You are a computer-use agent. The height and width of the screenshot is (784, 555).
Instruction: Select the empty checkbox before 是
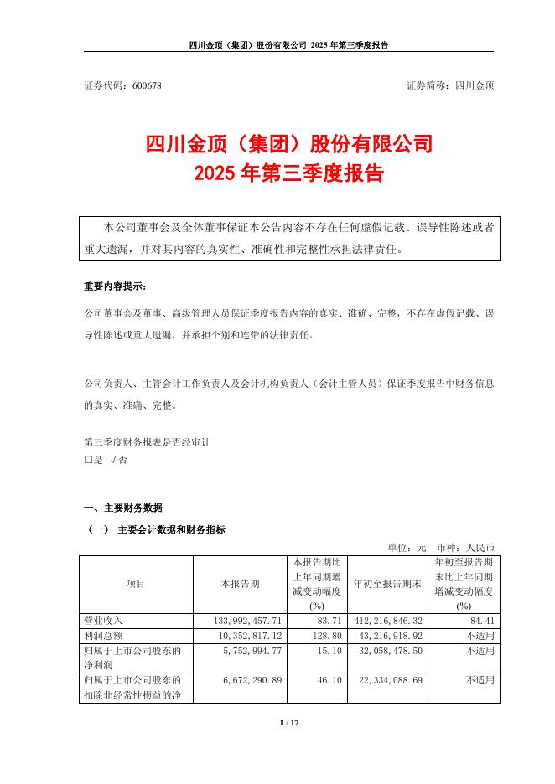[89, 460]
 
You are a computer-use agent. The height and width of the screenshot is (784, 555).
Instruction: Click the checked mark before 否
[113, 460]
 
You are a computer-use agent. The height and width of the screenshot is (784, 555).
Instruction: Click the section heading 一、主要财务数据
[123, 508]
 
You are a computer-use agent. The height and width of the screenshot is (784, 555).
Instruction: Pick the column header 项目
[135, 583]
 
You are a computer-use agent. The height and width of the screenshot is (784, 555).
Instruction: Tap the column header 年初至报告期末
[386, 583]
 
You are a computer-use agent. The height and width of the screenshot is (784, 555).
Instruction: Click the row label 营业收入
[104, 621]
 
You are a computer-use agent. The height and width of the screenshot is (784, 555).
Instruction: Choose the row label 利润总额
[104, 635]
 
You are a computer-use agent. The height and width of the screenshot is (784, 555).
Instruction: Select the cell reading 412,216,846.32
[386, 621]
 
